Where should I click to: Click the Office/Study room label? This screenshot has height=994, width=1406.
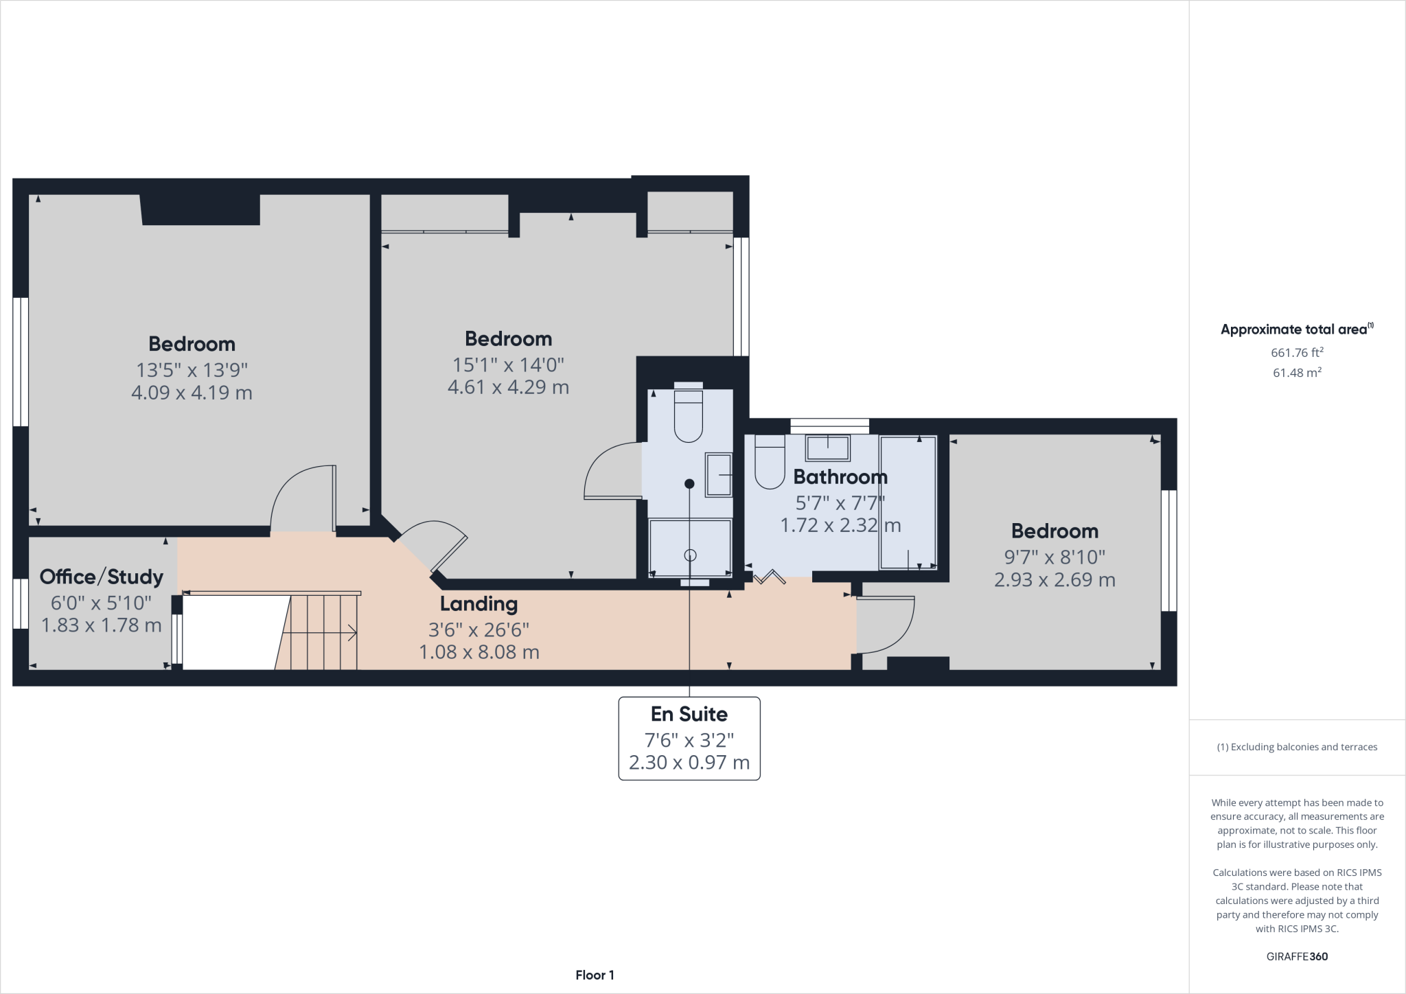(x=101, y=577)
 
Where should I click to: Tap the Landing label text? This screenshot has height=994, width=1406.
(x=479, y=604)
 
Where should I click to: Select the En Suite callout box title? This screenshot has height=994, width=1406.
(x=689, y=714)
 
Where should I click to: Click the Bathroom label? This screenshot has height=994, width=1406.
(x=840, y=476)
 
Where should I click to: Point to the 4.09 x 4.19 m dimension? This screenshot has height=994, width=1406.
(x=192, y=393)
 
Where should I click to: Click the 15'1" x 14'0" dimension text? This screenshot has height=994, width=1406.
(x=508, y=365)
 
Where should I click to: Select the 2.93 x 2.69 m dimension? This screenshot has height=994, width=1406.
(x=1054, y=579)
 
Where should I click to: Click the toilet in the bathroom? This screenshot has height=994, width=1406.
(x=770, y=463)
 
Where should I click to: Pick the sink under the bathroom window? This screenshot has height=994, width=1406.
(x=828, y=448)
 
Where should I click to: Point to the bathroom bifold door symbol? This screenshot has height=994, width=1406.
(x=769, y=577)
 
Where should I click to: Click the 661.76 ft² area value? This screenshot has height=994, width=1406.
(x=1297, y=353)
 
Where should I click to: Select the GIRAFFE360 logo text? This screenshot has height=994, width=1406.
(x=1297, y=956)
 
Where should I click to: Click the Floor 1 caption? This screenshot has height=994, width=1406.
(x=595, y=975)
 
